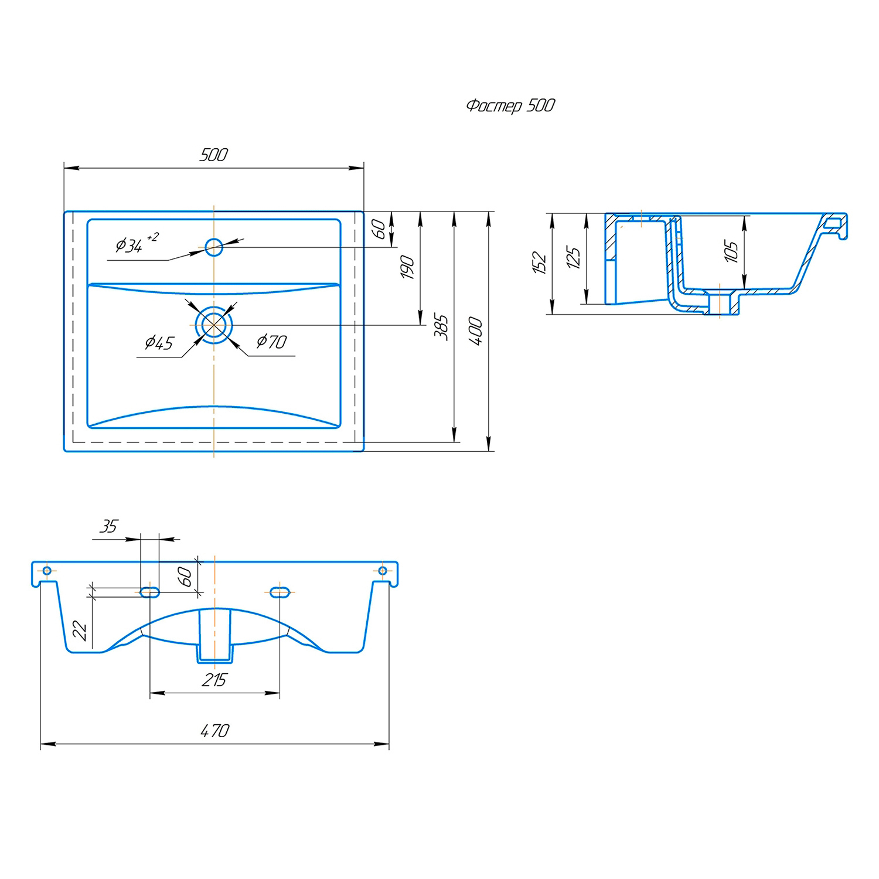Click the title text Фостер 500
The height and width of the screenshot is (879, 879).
[510, 105]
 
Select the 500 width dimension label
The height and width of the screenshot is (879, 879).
[213, 155]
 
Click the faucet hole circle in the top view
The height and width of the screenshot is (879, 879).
[214, 247]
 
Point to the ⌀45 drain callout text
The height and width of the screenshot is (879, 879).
[159, 342]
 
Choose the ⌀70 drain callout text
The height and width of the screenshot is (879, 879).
[271, 341]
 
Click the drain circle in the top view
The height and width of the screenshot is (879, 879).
[214, 325]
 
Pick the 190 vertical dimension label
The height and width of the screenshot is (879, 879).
[407, 267]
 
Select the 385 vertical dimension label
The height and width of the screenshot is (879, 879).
[441, 327]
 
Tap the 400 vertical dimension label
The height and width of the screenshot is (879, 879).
[476, 331]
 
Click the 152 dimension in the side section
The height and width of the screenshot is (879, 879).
[539, 263]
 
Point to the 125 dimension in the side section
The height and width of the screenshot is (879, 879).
[574, 257]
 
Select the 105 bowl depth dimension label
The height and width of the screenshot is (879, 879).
[731, 251]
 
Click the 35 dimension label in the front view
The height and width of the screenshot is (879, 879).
[109, 526]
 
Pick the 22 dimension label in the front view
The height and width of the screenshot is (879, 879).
[79, 631]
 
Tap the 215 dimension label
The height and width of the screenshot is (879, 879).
[214, 680]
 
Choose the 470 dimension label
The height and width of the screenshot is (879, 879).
[215, 731]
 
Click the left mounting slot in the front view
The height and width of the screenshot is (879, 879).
[150, 592]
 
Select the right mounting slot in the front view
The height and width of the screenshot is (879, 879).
[280, 592]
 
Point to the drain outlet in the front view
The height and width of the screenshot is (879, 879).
[215, 636]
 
